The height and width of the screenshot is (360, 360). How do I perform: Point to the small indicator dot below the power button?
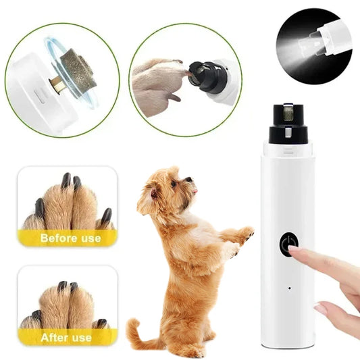coord(288,287)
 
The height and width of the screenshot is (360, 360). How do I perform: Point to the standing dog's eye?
coord(174,182)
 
